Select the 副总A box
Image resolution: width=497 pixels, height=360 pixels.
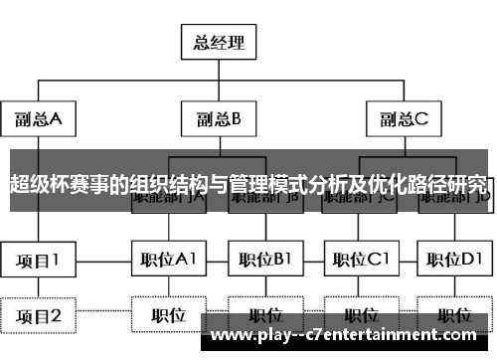(x=39, y=120)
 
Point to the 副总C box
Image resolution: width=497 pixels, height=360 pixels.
(x=403, y=120)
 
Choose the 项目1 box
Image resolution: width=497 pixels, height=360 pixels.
(x=39, y=261)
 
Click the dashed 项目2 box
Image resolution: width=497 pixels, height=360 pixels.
(x=39, y=316)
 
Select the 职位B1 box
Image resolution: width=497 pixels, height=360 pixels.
(x=263, y=261)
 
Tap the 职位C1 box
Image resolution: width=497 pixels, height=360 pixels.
(x=359, y=261)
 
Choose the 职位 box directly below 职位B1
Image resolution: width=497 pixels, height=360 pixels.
(x=263, y=316)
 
